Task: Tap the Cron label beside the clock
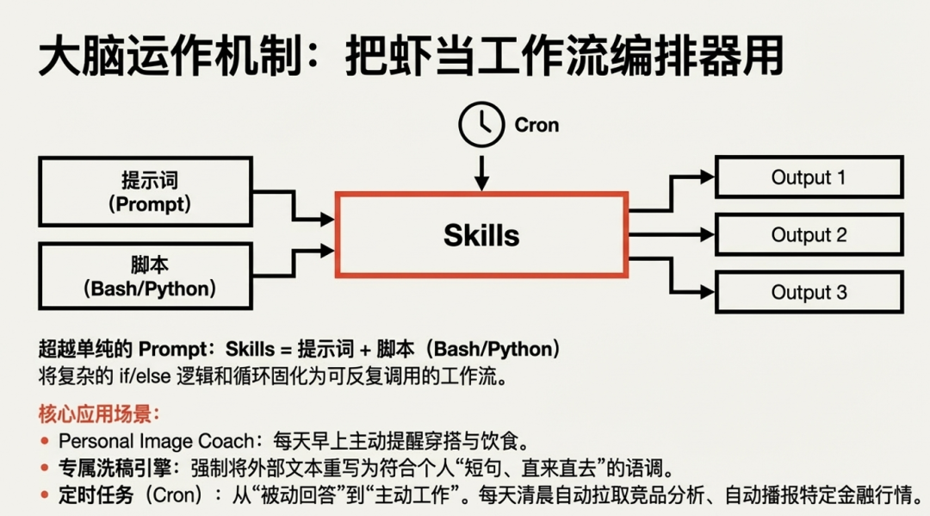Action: [x=536, y=125]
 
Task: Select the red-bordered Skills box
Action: [x=481, y=234]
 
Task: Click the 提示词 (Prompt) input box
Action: [x=145, y=192]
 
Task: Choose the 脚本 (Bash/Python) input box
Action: [x=145, y=277]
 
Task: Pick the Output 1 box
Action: [x=809, y=177]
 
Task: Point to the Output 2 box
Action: [x=809, y=234]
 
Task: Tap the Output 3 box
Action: [x=809, y=292]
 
